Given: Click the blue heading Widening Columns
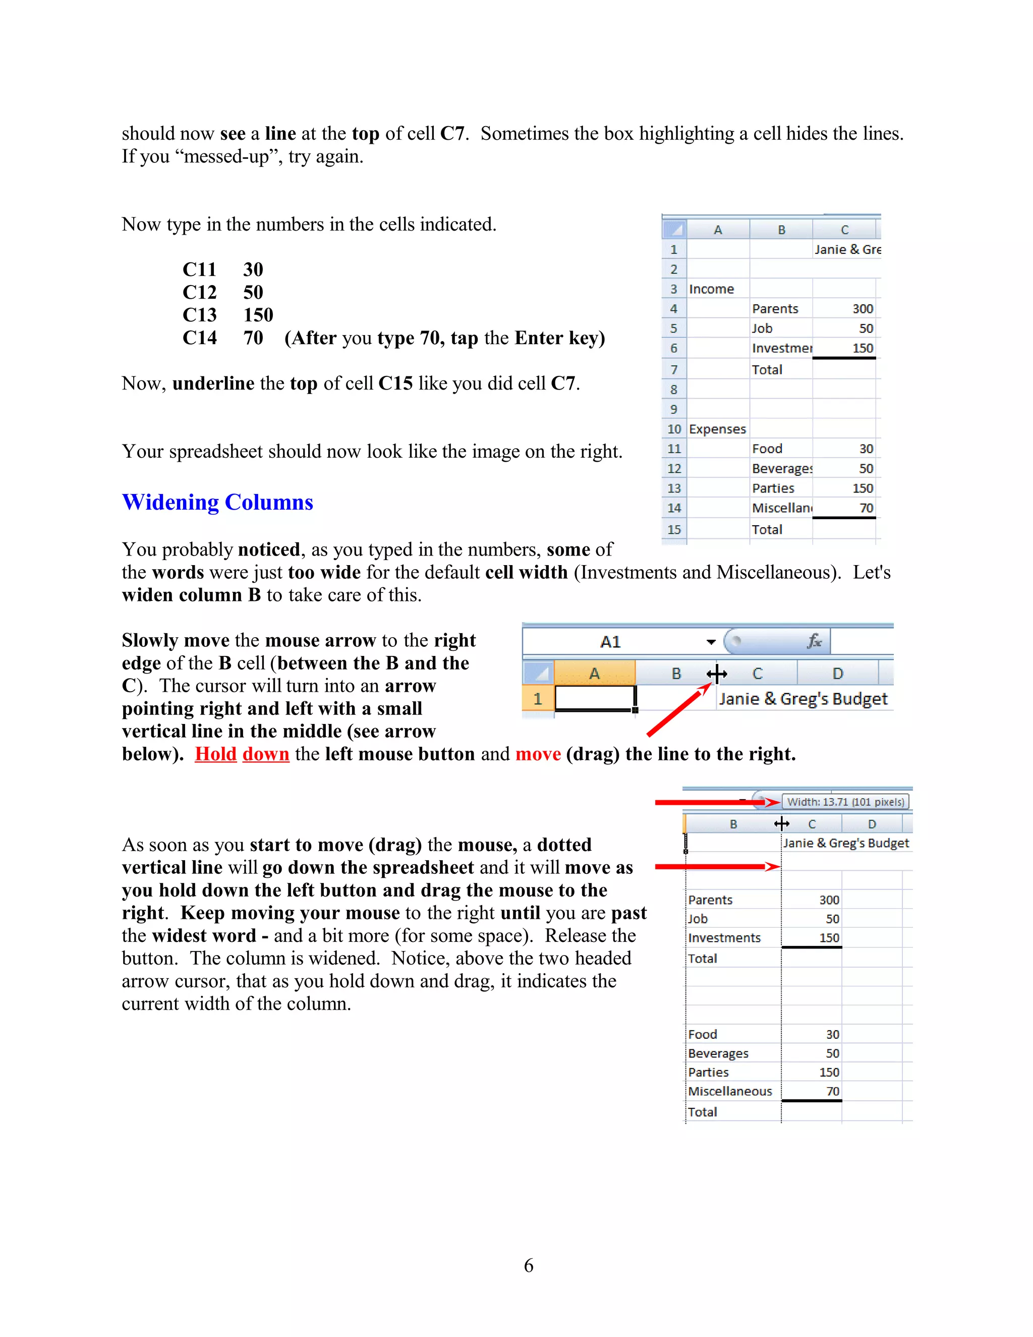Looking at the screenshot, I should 217,502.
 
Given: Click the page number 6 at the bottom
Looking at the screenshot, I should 528,1265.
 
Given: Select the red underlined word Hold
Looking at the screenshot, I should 215,754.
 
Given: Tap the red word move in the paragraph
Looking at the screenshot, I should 537,754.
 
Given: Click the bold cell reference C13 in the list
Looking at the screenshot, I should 200,315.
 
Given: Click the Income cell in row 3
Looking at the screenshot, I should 711,289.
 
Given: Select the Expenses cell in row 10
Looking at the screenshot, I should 717,429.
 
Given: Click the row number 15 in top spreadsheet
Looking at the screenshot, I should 674,530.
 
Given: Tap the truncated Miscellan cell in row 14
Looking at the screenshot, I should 781,508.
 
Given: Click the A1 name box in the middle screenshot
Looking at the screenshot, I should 610,642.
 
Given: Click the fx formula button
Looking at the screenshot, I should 814,641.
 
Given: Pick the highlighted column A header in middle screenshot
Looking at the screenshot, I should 594,674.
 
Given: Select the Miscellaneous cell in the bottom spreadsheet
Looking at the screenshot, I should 730,1091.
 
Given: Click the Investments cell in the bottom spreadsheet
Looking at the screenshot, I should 724,937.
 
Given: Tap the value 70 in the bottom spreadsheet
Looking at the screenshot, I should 832,1091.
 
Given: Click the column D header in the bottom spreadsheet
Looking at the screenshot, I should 872,824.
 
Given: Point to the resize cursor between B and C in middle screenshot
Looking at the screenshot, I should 717,674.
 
